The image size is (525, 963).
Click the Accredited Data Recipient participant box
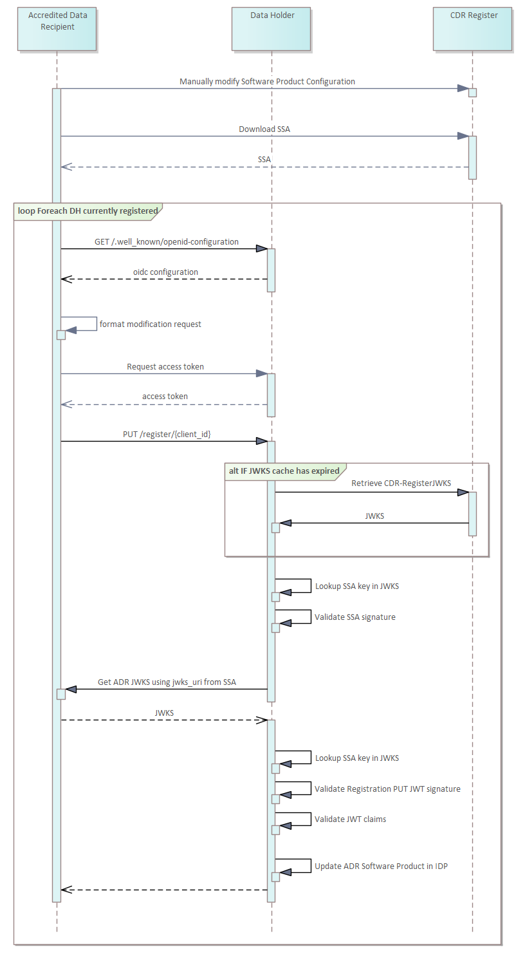pos(57,29)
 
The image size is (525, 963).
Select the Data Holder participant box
pos(272,29)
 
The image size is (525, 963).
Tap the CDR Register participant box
pos(473,29)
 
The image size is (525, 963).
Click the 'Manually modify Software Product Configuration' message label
pos(267,82)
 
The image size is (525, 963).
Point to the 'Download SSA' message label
pos(264,129)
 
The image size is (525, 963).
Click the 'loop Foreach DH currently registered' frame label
pos(87,211)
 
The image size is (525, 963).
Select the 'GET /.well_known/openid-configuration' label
pos(167,242)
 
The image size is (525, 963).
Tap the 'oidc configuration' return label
pos(165,272)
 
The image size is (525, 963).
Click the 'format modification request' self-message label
pos(150,324)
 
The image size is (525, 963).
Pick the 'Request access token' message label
pos(165,367)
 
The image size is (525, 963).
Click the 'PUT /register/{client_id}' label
pos(167,435)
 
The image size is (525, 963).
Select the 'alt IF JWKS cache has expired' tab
pos(284,471)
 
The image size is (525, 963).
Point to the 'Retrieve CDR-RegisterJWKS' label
pos(401,483)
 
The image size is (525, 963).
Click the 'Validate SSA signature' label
pos(355,617)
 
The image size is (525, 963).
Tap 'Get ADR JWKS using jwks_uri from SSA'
pos(167,682)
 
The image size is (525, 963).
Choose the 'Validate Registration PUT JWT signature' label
pos(387,789)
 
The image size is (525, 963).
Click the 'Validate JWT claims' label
pos(350,819)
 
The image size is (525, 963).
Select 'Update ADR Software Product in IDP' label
pos(381,866)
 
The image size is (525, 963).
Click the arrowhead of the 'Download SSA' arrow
pos(463,136)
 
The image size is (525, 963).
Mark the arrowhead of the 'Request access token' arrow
pos(261,373)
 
